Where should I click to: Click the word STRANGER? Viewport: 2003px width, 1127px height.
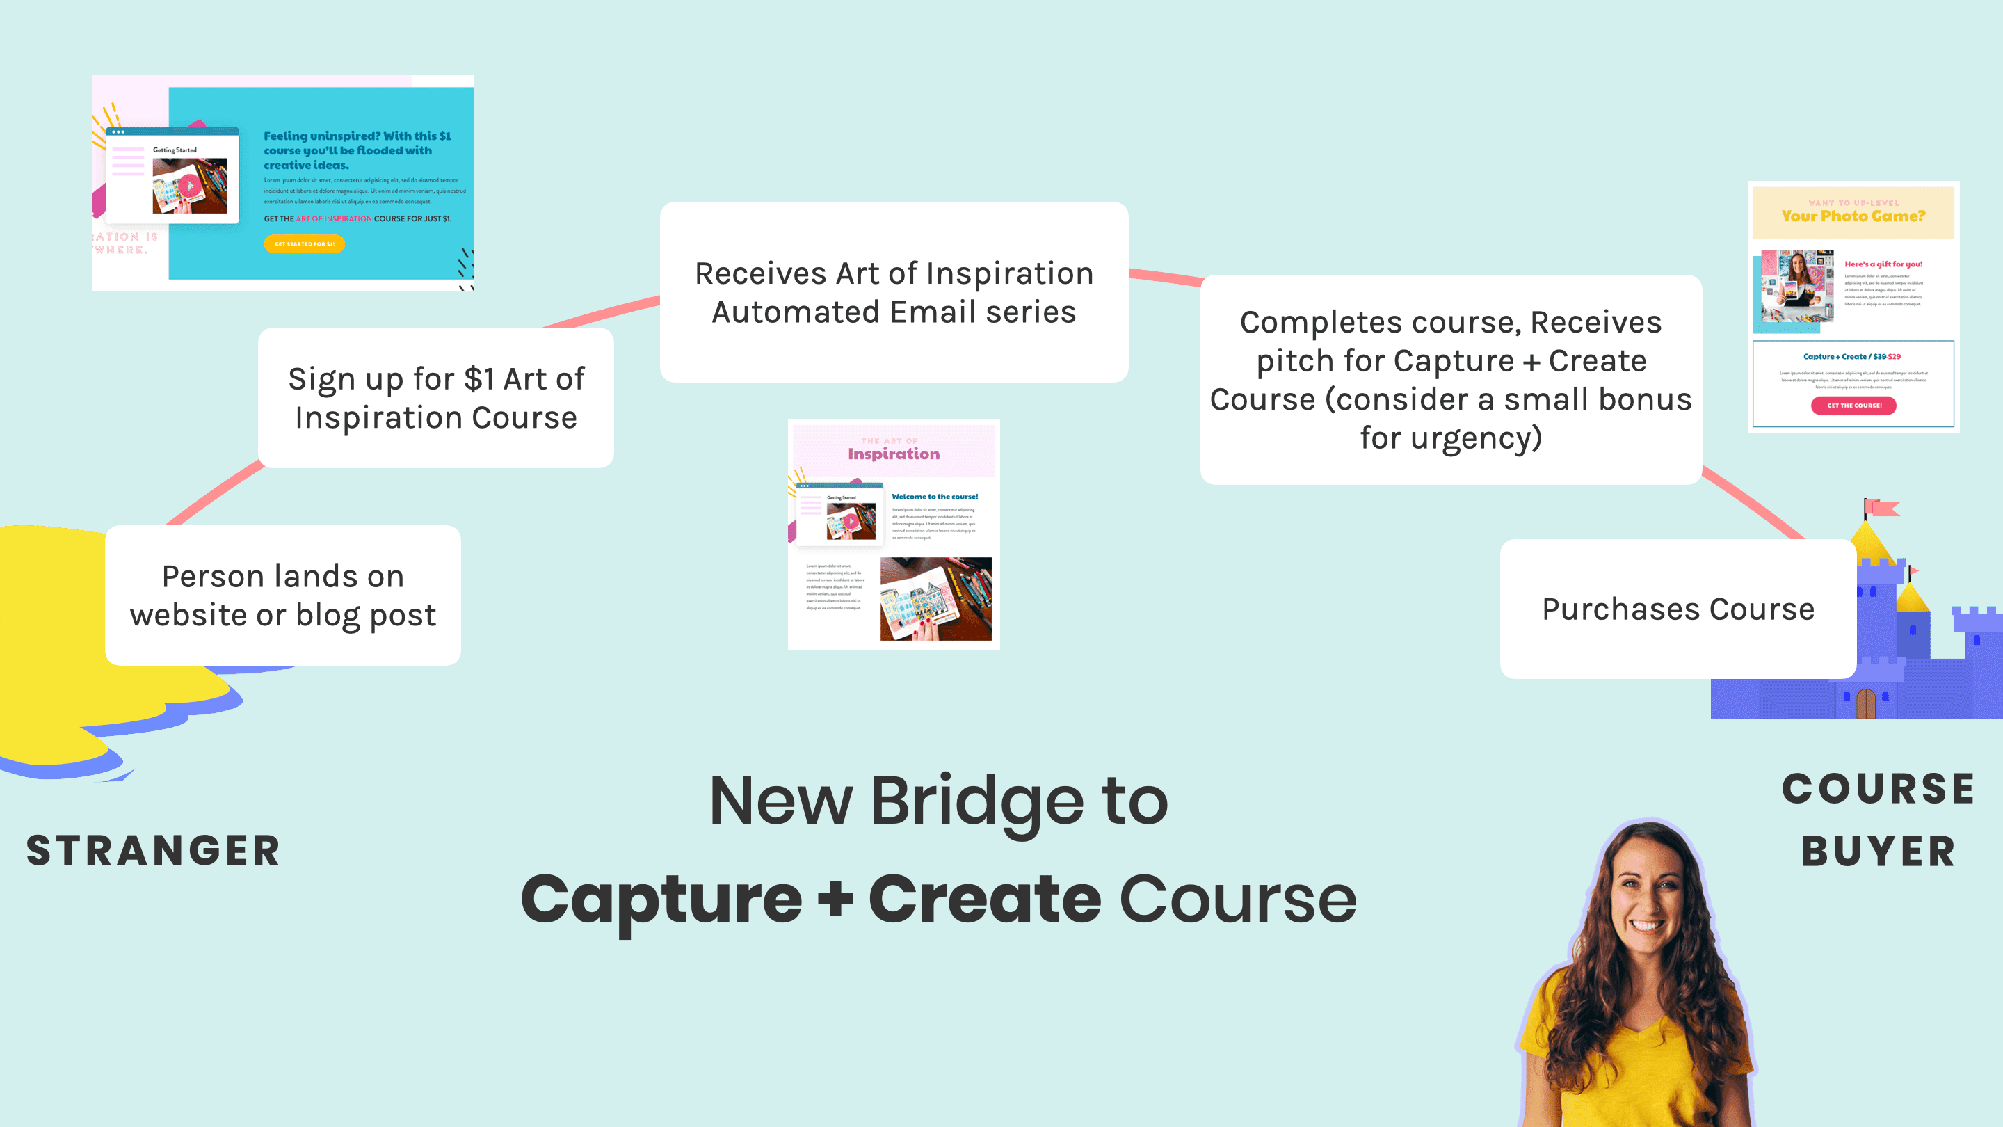click(153, 850)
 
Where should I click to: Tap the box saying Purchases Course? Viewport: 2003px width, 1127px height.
click(1678, 609)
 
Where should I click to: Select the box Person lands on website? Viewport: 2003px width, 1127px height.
click(283, 595)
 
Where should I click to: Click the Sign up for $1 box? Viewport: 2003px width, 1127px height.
click(435, 397)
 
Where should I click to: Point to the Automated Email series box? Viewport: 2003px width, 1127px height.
click(894, 292)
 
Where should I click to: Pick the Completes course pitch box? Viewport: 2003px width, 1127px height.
click(1450, 380)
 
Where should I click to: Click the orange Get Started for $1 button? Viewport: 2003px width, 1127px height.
click(304, 244)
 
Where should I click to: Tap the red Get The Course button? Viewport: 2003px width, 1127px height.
click(1853, 405)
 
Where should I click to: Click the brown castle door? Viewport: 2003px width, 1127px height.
click(1865, 704)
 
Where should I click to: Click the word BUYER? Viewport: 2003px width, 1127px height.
click(1878, 851)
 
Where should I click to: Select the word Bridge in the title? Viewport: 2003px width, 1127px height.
click(976, 801)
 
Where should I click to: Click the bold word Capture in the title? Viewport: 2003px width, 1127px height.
click(661, 899)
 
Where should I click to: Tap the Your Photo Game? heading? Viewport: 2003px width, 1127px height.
click(1853, 216)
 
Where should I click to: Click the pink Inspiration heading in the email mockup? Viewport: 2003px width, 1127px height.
click(894, 454)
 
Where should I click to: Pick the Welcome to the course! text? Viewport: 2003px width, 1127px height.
click(935, 496)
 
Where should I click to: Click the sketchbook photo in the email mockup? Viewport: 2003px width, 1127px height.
click(935, 599)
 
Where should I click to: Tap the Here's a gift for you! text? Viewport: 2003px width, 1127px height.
click(1883, 264)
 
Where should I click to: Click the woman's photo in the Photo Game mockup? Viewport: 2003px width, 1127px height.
click(1797, 286)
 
